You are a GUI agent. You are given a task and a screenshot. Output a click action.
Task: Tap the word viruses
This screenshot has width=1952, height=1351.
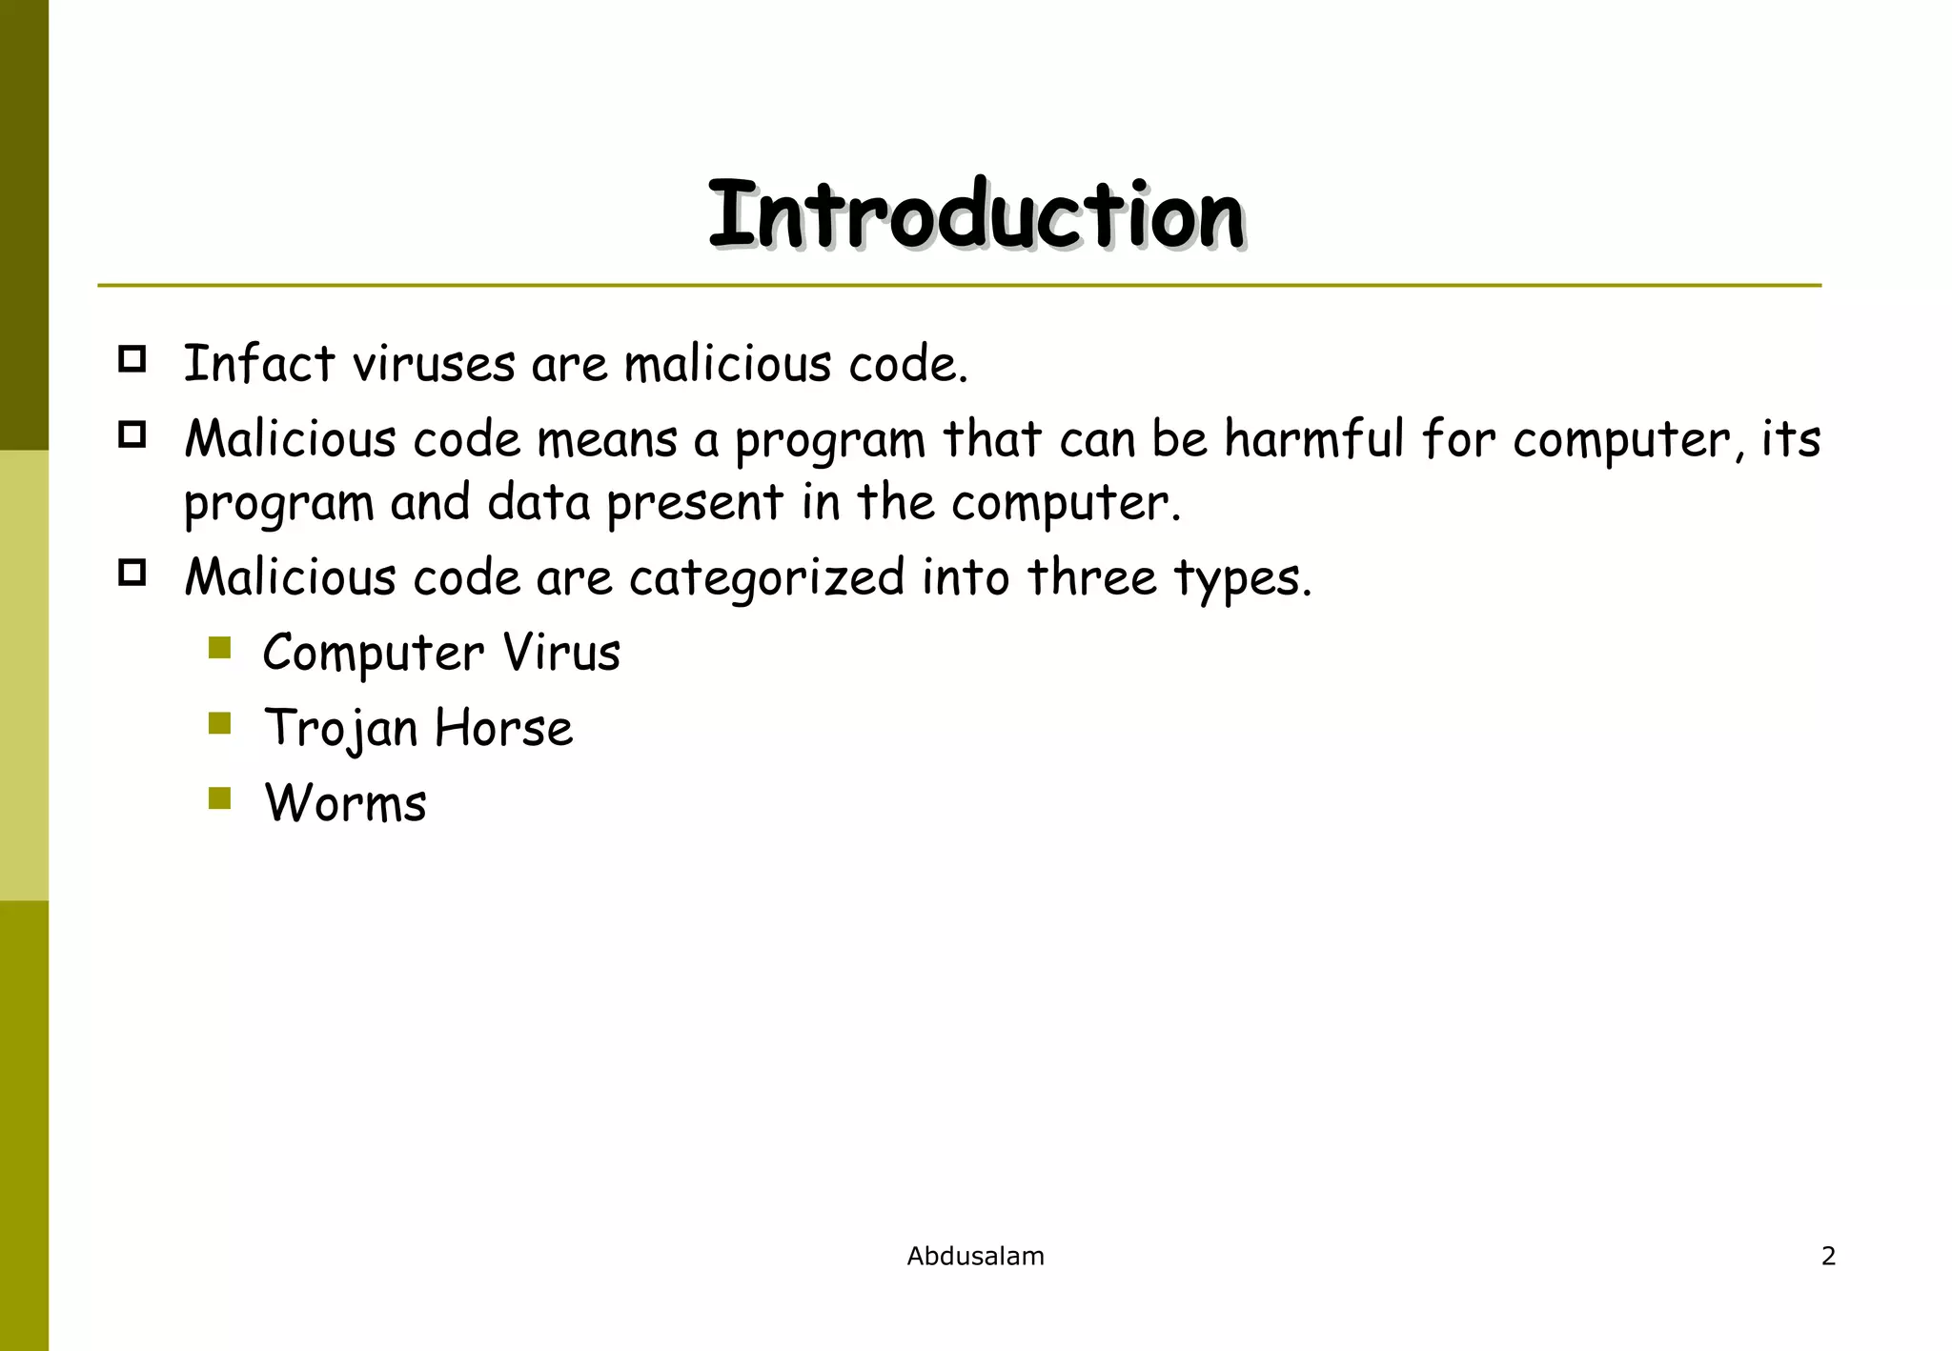click(434, 364)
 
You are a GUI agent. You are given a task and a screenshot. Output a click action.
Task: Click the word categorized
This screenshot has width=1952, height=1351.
click(766, 578)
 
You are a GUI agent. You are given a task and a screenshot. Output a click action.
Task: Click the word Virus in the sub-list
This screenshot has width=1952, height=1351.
click(561, 653)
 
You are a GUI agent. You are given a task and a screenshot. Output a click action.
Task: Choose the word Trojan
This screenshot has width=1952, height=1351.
click(341, 729)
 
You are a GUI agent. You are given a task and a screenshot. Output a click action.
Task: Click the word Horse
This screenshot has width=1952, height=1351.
click(503, 728)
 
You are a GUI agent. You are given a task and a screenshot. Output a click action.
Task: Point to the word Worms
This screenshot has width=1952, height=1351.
click(345, 803)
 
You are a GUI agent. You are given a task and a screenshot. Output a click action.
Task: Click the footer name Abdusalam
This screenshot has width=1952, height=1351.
click(975, 1256)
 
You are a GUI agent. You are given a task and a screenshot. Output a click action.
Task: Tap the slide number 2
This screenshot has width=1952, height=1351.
click(1828, 1256)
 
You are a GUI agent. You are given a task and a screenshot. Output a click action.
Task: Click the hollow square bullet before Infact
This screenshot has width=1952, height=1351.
click(132, 359)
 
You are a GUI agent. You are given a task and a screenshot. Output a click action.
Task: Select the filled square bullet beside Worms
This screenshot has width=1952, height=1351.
click(220, 798)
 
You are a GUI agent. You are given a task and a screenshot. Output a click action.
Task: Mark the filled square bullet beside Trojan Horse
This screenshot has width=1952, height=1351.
click(220, 724)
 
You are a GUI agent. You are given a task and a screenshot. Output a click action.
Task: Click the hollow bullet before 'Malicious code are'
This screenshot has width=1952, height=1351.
click(132, 573)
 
